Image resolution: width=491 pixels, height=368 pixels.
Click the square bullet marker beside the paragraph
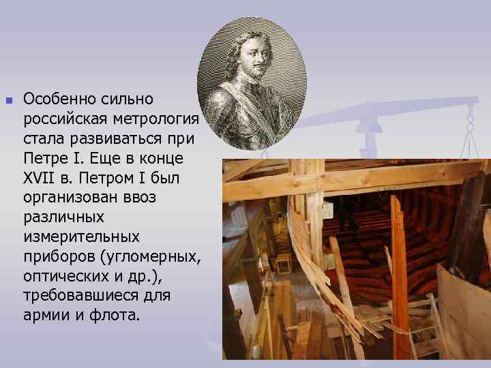(x=9, y=100)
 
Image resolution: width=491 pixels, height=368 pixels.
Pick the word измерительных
(x=81, y=237)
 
